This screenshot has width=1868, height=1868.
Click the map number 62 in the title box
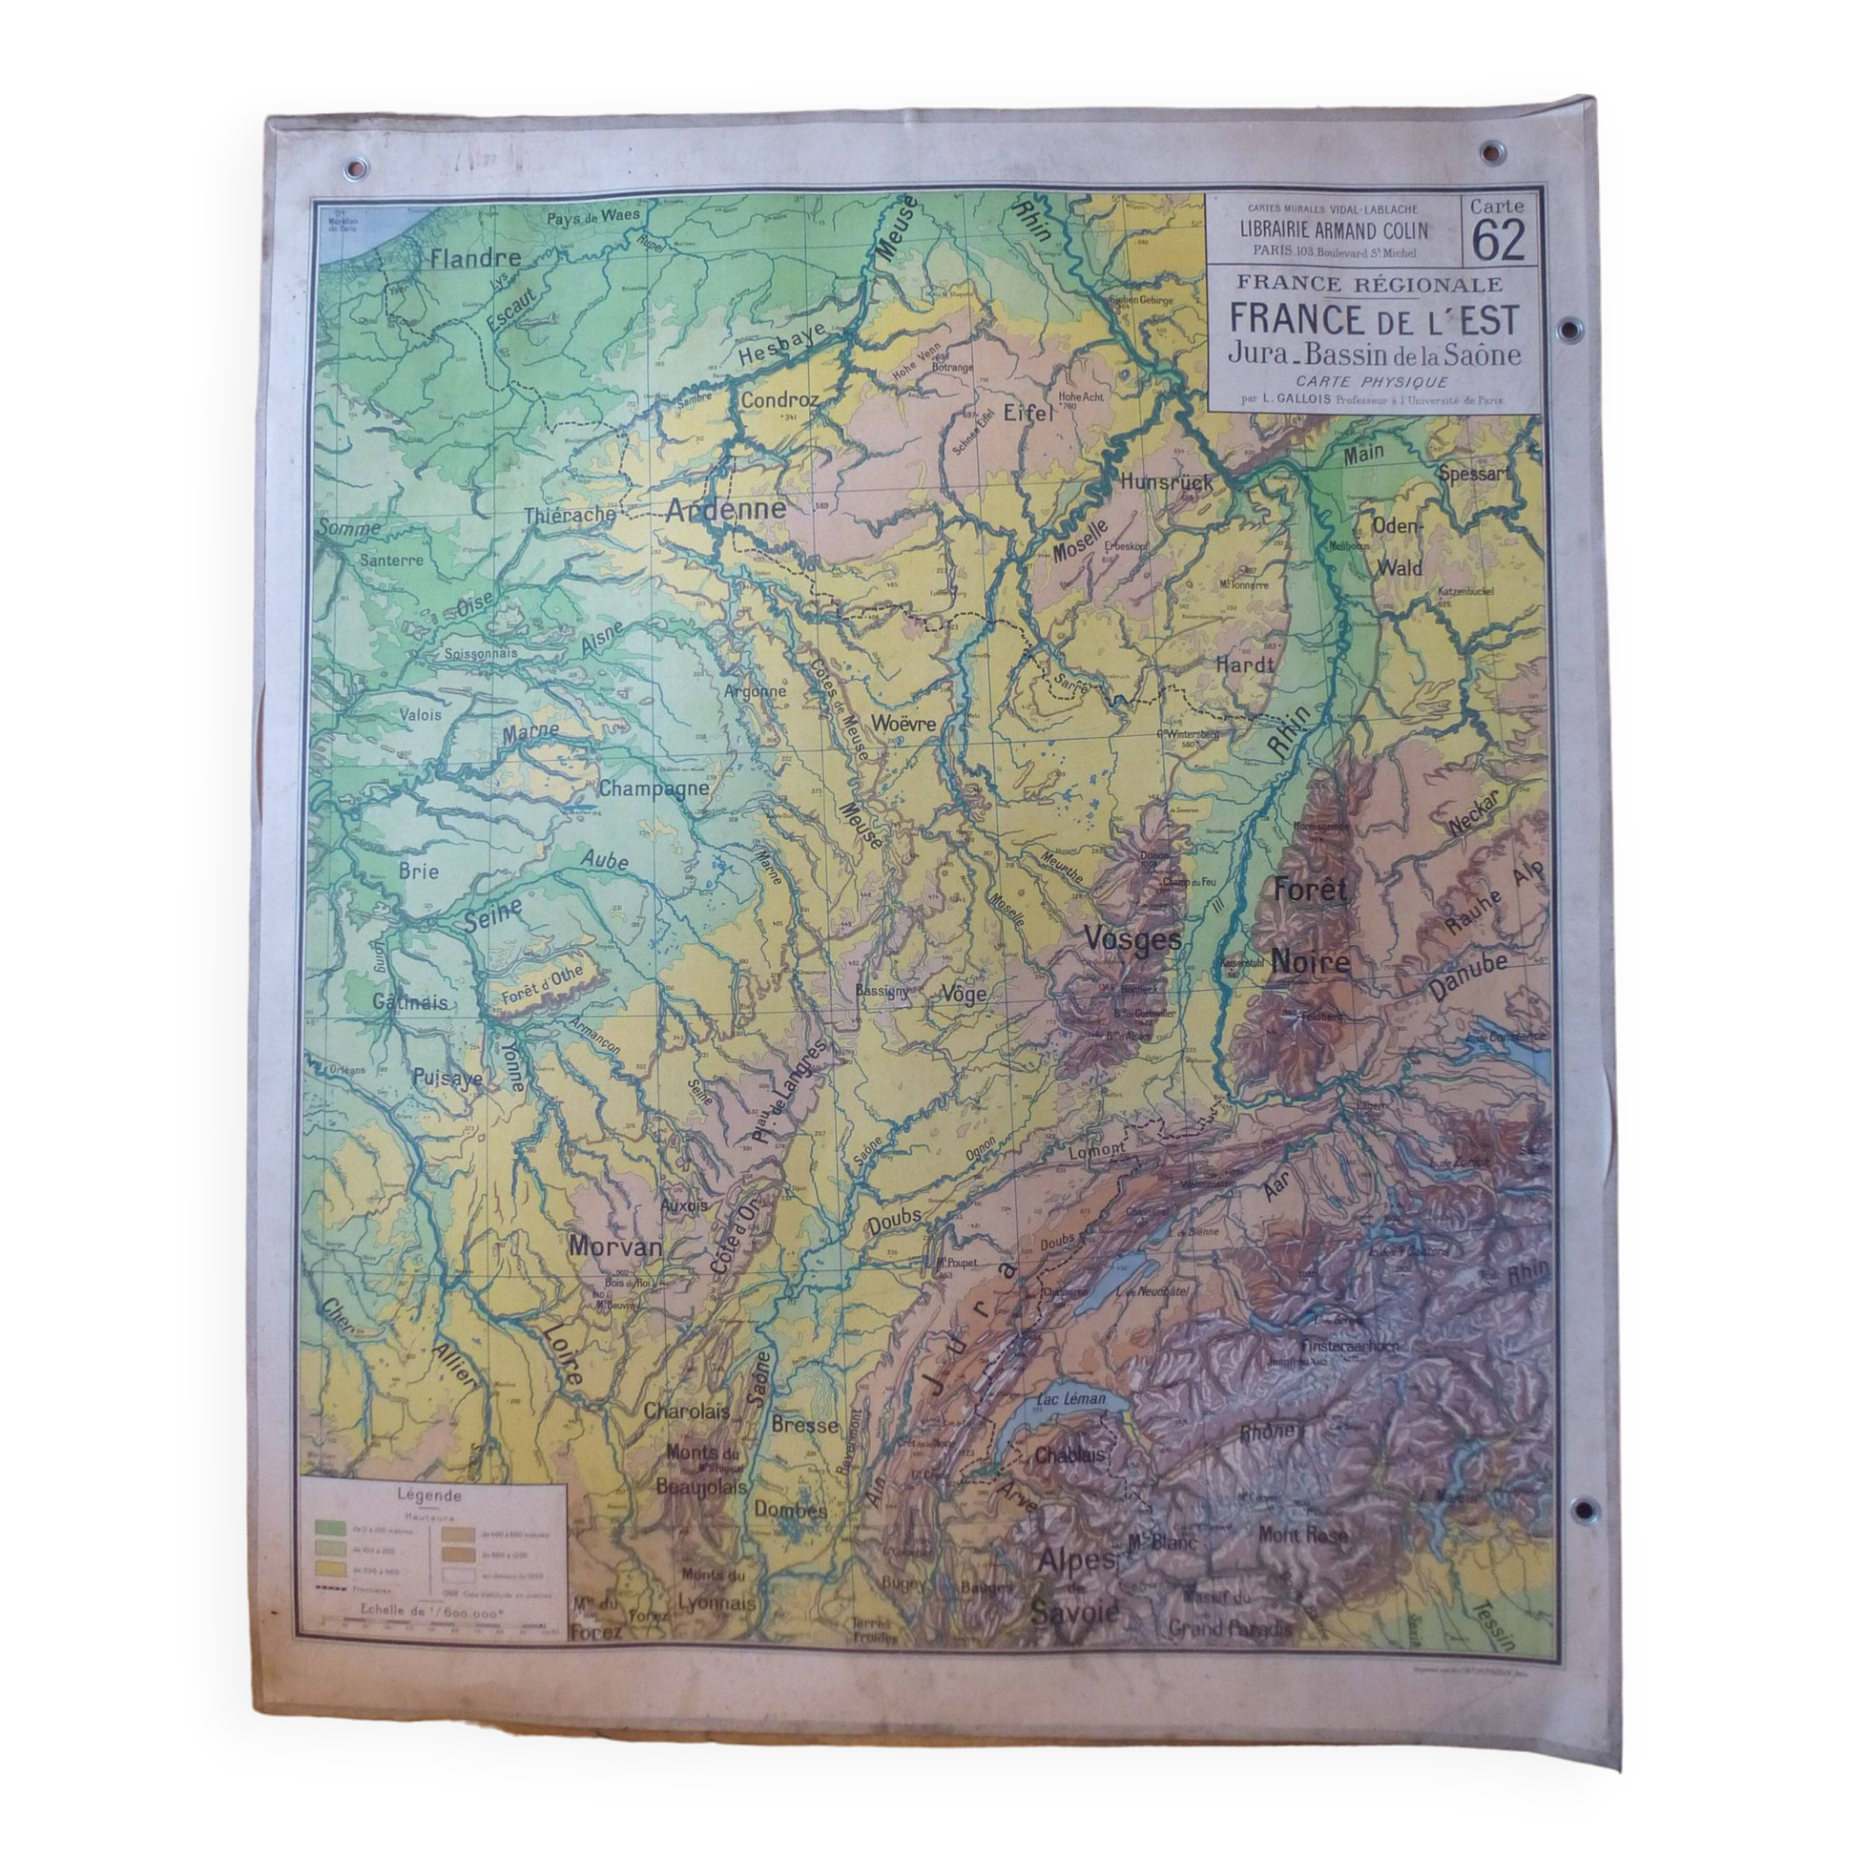1498,242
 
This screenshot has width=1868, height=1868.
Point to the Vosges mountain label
1133,938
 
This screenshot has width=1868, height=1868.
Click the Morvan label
616,1247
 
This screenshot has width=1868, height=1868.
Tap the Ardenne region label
725,510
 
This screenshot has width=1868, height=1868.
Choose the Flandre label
474,258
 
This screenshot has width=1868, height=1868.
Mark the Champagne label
655,789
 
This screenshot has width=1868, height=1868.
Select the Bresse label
803,1425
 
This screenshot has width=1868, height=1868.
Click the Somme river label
348,528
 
